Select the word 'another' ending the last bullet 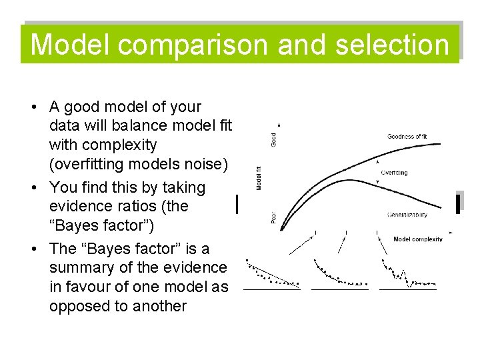(157, 306)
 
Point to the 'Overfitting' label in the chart (394, 173)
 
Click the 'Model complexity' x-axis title (417, 239)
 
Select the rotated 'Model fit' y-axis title (259, 178)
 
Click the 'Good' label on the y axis (273, 139)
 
